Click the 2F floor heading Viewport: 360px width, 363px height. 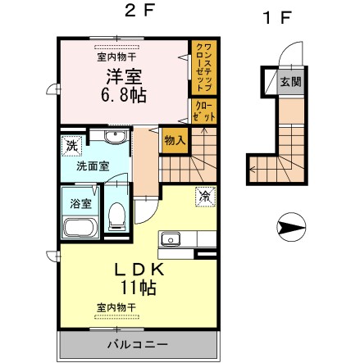139,11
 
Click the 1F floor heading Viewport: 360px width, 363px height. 276,18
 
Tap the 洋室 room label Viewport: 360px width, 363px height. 124,76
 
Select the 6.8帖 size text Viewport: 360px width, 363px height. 124,95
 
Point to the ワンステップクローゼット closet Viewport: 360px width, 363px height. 204,67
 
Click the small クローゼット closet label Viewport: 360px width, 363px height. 204,111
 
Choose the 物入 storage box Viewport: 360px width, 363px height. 175,140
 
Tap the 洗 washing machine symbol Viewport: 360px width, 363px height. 72,146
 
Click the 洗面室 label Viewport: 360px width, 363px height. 93,166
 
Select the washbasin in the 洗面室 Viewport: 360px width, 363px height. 116,136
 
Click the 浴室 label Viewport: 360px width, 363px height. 80,203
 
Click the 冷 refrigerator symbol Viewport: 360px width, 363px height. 206,197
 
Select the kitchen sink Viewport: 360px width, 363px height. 171,239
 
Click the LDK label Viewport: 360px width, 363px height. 139,270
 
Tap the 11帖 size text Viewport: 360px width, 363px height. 139,288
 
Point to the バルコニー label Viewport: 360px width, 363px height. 137,344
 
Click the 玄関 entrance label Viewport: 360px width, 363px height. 291,81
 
